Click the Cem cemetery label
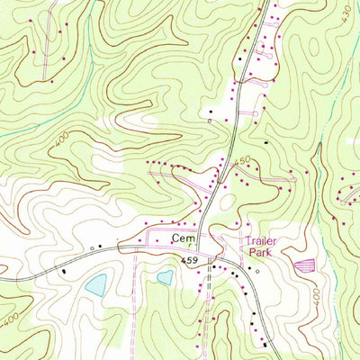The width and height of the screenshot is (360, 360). pyautogui.click(x=183, y=238)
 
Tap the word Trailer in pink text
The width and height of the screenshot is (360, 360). pyautogui.click(x=258, y=242)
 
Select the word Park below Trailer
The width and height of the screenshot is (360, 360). pyautogui.click(x=259, y=254)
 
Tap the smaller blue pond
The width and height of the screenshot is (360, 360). pyautogui.click(x=165, y=277)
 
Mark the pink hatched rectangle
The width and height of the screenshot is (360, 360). pyautogui.click(x=305, y=265)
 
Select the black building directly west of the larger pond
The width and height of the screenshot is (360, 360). pyautogui.click(x=65, y=269)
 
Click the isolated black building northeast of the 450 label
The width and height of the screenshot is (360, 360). pyautogui.click(x=266, y=143)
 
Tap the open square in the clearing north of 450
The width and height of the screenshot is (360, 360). pyautogui.click(x=209, y=120)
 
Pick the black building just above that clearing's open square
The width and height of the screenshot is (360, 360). pyautogui.click(x=211, y=109)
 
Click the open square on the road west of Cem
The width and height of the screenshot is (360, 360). pyautogui.click(x=92, y=247)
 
